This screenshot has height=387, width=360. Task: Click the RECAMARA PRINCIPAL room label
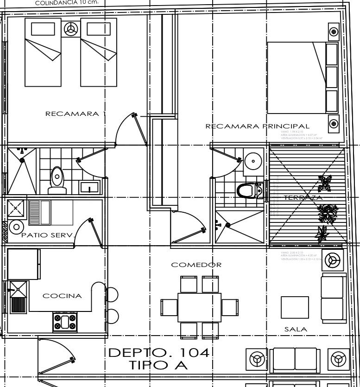(x=257, y=126)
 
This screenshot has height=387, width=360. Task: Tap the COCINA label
(x=62, y=296)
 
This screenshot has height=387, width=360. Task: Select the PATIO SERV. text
(x=48, y=235)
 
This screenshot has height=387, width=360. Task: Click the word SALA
(x=295, y=329)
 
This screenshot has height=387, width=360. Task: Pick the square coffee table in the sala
(x=295, y=307)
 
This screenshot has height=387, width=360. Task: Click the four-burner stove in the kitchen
(x=65, y=322)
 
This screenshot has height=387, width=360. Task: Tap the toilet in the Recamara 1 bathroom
(x=57, y=181)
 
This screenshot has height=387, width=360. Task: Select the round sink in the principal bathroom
(x=253, y=161)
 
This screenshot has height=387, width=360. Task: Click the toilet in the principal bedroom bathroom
(x=249, y=190)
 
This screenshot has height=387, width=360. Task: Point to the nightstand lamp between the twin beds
(x=71, y=28)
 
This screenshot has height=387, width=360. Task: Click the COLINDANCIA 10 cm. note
(x=67, y=2)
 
